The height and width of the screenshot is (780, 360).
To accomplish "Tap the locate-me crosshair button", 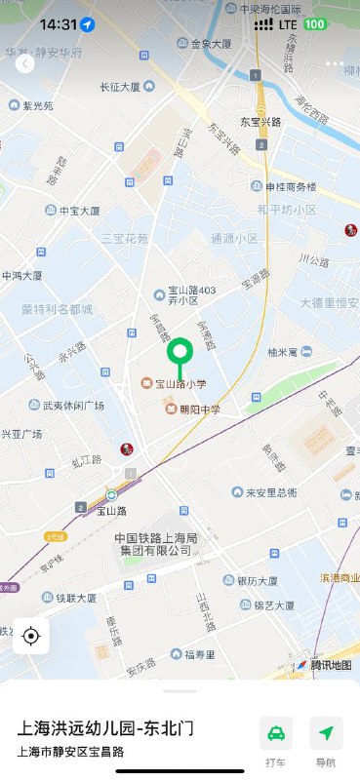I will (30, 637).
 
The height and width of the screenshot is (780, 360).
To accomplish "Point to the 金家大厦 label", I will (210, 44).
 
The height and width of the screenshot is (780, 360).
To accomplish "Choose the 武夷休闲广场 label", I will (73, 405).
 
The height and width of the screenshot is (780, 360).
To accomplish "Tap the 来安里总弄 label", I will (270, 492).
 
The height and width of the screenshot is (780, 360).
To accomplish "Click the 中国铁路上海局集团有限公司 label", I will (156, 544).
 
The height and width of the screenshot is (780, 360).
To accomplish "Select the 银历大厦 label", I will (263, 580).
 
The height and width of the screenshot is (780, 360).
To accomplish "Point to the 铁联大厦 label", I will (75, 598).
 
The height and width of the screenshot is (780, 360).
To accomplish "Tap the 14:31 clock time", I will (59, 24).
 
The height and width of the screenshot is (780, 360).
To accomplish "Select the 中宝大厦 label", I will (79, 211).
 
